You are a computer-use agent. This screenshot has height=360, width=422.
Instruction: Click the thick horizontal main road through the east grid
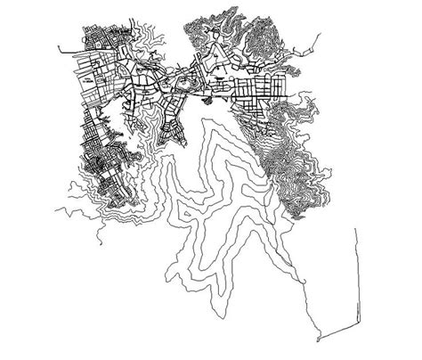click(258, 94)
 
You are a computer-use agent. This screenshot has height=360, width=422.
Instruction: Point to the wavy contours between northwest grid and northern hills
click(156, 45)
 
